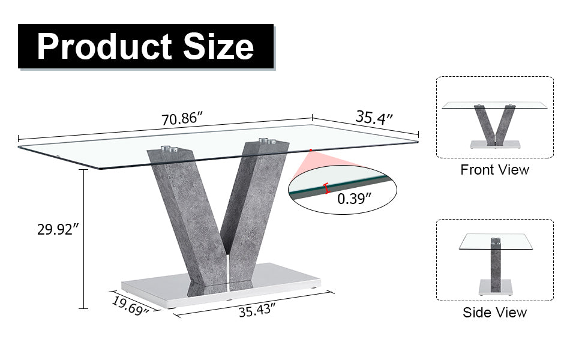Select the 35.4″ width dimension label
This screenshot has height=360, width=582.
[x=374, y=116]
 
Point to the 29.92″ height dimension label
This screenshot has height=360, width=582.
[x=57, y=229]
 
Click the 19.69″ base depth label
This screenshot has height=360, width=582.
[x=130, y=305]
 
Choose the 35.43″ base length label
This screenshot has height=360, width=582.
[x=257, y=311]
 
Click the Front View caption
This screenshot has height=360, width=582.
[x=494, y=170]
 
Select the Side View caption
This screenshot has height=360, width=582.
[x=494, y=313]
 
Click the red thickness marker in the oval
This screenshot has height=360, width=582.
[x=326, y=188]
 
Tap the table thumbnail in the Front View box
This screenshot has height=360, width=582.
[x=494, y=124]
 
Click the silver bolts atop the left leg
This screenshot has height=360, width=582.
[x=170, y=148]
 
